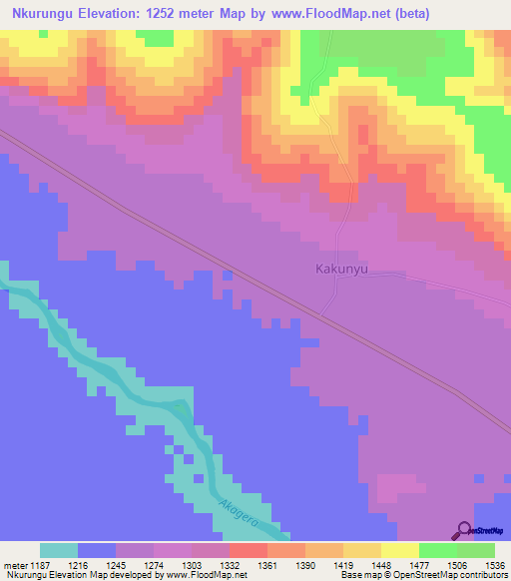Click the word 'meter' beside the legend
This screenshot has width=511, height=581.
tap(17, 564)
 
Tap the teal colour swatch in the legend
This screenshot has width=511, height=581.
tap(59, 550)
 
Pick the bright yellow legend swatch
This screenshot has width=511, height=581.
tap(399, 550)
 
